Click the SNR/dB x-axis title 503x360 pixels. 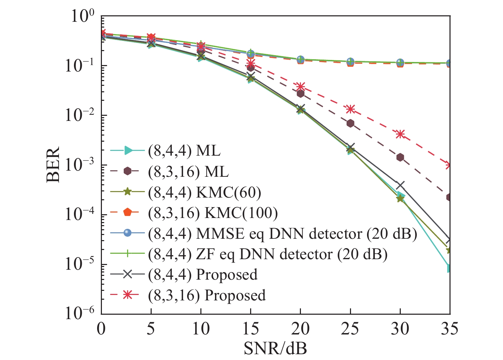[x=275, y=348]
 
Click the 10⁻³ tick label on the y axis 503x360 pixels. [x=79, y=166]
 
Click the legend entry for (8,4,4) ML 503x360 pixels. [x=184, y=151]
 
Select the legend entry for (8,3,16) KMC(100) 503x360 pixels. [x=213, y=213]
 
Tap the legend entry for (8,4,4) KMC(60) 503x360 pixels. [x=204, y=192]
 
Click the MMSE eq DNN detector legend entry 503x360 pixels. [x=283, y=234]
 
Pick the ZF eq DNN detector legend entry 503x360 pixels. [x=268, y=254]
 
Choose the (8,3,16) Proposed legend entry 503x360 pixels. [x=207, y=295]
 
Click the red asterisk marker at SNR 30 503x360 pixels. [x=400, y=134]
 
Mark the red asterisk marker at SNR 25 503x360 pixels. [x=350, y=109]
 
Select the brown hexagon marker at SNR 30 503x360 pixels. [x=400, y=157]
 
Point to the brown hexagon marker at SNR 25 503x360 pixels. [x=350, y=123]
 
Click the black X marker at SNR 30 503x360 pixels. [x=400, y=185]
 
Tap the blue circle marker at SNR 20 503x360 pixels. [x=301, y=60]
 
